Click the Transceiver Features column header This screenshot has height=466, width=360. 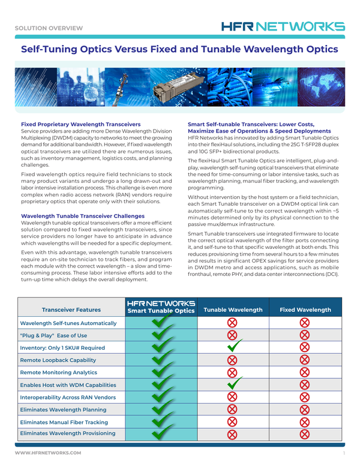tap(71, 310)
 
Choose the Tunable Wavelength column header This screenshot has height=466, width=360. tap(233, 310)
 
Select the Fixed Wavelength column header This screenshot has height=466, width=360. tap(305, 310)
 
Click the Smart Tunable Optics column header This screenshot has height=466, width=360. tap(161, 307)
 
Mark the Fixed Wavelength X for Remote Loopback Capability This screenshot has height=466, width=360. tap(305, 360)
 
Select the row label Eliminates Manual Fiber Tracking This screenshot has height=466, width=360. tap(64, 422)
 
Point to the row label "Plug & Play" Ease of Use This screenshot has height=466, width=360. tap(53, 335)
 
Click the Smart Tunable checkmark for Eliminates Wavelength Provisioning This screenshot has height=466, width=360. tap(161, 434)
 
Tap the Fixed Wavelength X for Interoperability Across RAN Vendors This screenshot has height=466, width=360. tap(305, 397)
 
